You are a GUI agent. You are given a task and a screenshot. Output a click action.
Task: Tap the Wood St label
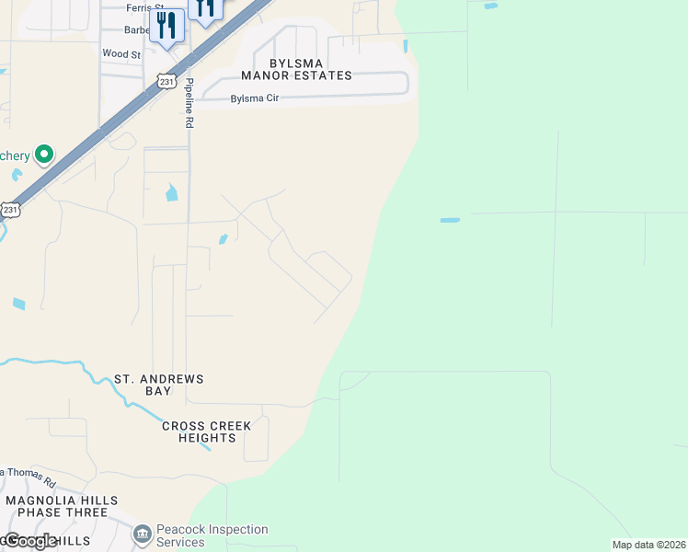tap(121, 54)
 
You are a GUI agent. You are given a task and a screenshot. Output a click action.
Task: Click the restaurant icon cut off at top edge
tap(204, 8)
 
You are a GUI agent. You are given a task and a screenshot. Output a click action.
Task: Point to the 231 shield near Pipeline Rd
tap(166, 82)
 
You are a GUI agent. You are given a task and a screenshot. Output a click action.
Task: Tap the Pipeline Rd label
tap(189, 102)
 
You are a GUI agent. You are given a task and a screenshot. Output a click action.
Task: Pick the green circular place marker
tap(42, 155)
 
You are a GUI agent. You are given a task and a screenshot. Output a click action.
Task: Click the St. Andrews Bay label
tap(158, 385)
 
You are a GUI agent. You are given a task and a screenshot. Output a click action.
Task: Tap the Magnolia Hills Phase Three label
tap(62, 507)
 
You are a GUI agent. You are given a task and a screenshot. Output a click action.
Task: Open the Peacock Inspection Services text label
tap(212, 535)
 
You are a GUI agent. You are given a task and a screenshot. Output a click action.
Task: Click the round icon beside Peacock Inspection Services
tap(142, 535)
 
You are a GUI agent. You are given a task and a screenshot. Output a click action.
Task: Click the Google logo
tap(30, 541)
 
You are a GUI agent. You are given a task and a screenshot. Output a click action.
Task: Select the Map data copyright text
tap(648, 545)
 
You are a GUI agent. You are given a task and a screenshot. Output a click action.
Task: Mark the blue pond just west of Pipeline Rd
tap(171, 193)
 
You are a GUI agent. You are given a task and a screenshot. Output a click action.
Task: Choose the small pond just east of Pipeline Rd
tap(223, 240)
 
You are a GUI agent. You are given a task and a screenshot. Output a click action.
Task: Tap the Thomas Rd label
tap(29, 477)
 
